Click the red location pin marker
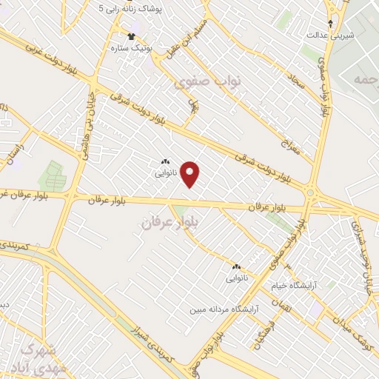(x=191, y=175)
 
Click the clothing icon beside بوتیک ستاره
(x=132, y=36)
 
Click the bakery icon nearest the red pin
(x=164, y=161)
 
